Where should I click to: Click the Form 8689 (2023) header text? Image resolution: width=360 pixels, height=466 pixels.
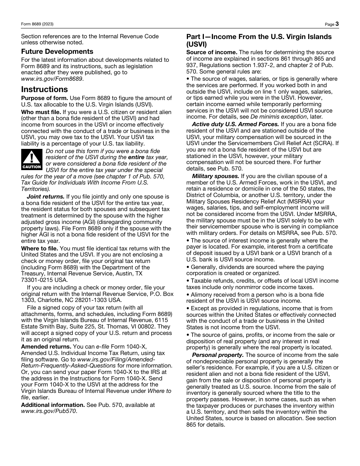(x=37, y=24)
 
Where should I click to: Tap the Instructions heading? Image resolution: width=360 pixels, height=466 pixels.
(x=44, y=89)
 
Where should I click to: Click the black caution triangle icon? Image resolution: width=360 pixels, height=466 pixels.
(x=32, y=160)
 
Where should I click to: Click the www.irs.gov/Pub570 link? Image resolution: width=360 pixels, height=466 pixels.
(x=49, y=411)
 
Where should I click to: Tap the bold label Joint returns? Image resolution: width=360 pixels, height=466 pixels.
(x=45, y=197)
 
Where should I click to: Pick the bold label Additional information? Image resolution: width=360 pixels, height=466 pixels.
(x=53, y=405)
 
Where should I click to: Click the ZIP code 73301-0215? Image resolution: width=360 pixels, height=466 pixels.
(x=37, y=280)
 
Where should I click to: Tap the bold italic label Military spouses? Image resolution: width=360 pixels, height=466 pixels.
(x=215, y=176)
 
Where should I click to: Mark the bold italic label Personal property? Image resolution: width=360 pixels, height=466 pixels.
(x=218, y=355)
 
